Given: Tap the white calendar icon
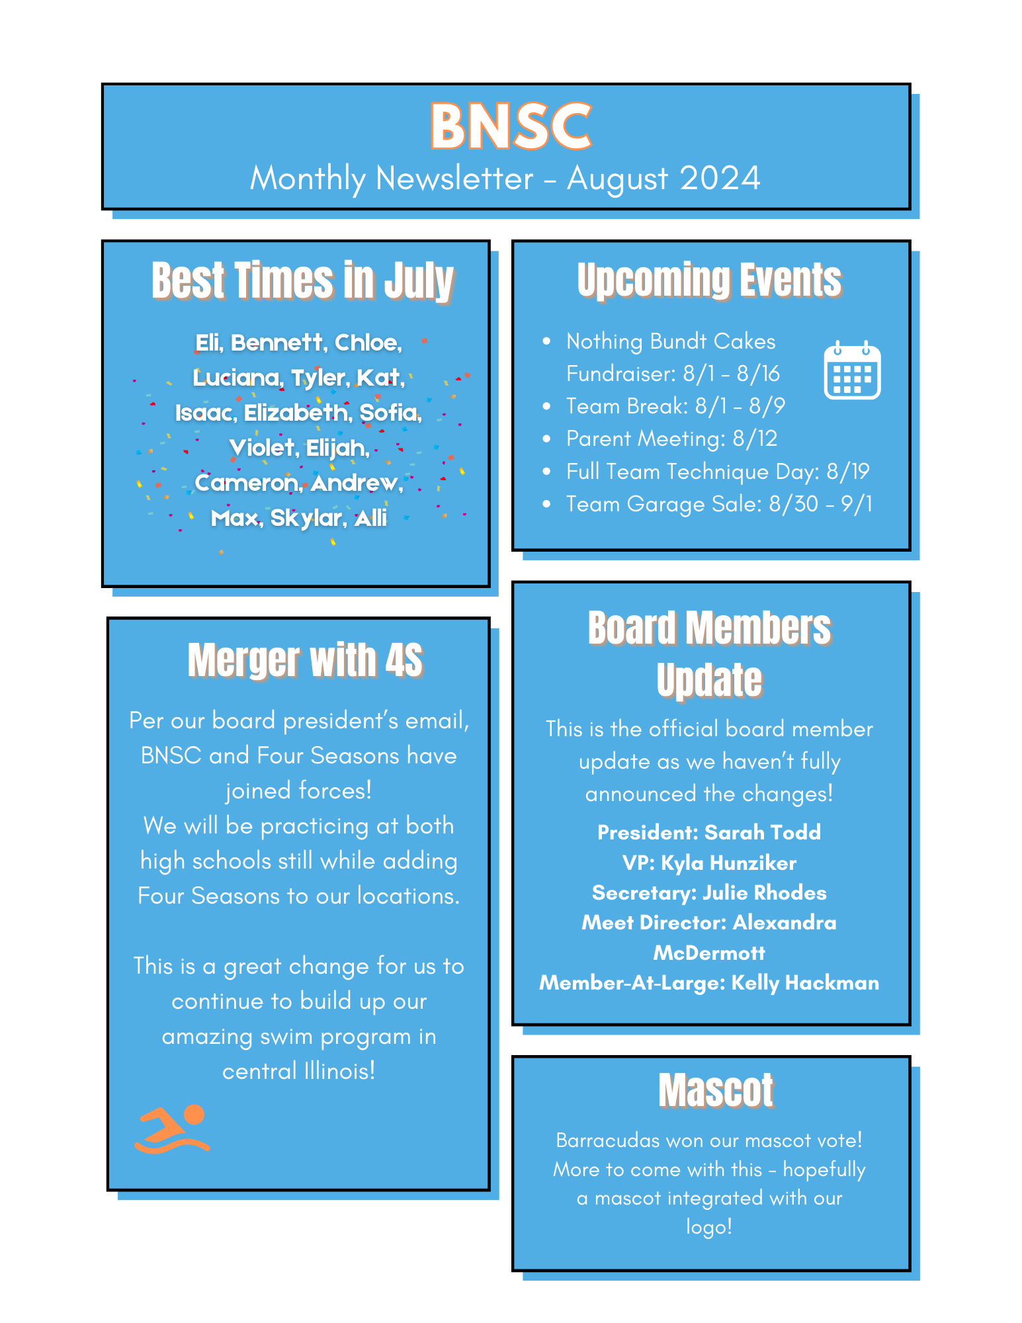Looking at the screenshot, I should click(x=852, y=371).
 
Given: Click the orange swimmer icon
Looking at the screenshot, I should click(x=172, y=1129).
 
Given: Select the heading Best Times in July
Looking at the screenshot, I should click(x=302, y=280).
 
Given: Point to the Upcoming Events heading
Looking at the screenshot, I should click(x=709, y=280).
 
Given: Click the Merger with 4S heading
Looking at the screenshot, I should click(x=305, y=660).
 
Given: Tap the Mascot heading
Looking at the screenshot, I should click(x=716, y=1090).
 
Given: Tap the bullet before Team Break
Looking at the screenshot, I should click(x=546, y=406).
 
